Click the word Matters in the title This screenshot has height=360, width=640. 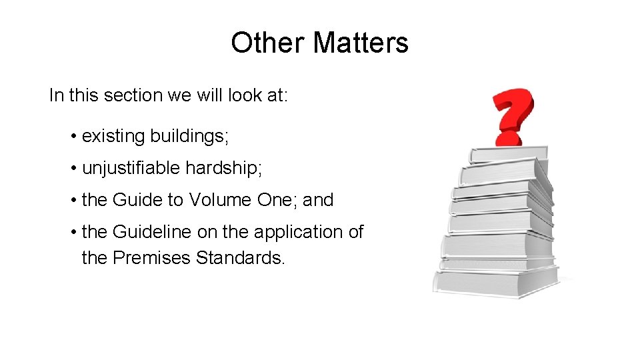tap(360, 43)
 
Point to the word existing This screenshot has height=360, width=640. tap(113, 137)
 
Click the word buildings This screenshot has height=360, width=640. tap(189, 137)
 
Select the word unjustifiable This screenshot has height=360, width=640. tap(131, 168)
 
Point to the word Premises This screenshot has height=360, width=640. tap(152, 257)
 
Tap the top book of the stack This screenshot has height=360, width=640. tap(509, 154)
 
